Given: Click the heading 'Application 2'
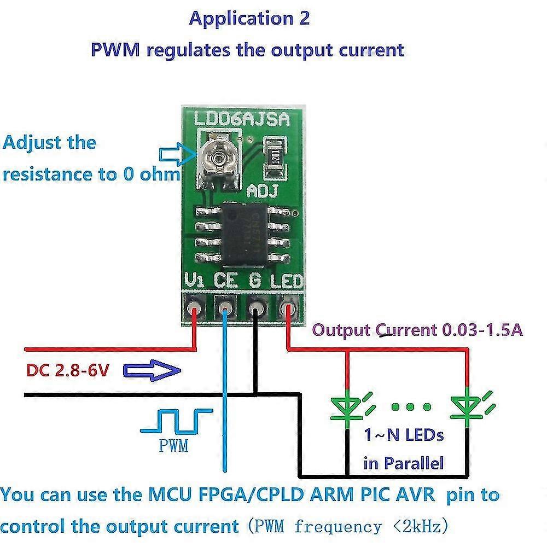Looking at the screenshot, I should [249, 18].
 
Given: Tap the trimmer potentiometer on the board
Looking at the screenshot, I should [218, 159].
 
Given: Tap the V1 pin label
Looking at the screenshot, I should [194, 281].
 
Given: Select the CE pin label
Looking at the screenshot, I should [225, 281].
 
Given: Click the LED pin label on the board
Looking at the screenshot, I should [287, 282].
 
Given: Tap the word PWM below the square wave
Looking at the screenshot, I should [173, 446].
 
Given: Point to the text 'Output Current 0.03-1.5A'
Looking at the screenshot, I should [417, 330].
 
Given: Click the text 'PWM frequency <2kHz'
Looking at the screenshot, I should [348, 526].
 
